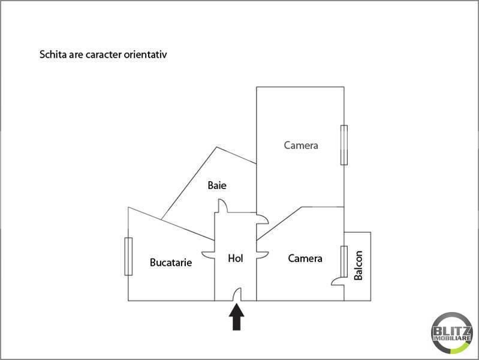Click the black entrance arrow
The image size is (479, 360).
[x=236, y=317]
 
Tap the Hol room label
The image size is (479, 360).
[x=236, y=259]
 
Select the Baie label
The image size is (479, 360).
[x=217, y=185]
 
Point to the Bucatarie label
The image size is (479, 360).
[x=171, y=262]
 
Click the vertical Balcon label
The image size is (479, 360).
[x=358, y=265]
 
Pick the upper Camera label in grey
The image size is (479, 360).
[x=301, y=145]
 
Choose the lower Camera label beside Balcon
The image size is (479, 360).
[x=305, y=259]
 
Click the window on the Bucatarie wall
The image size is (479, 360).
[x=128, y=256]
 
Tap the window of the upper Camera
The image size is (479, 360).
[x=344, y=145]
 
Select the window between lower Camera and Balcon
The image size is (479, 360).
[x=344, y=262]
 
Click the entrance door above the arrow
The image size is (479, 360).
[x=237, y=294]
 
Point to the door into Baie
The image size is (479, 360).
[x=222, y=206]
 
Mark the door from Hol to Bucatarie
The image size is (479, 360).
[x=208, y=255]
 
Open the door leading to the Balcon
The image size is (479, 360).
[x=338, y=281]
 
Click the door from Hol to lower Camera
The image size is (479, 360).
[x=263, y=255]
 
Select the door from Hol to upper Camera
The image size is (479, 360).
[x=263, y=219]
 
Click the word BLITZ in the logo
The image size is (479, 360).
[x=452, y=331]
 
